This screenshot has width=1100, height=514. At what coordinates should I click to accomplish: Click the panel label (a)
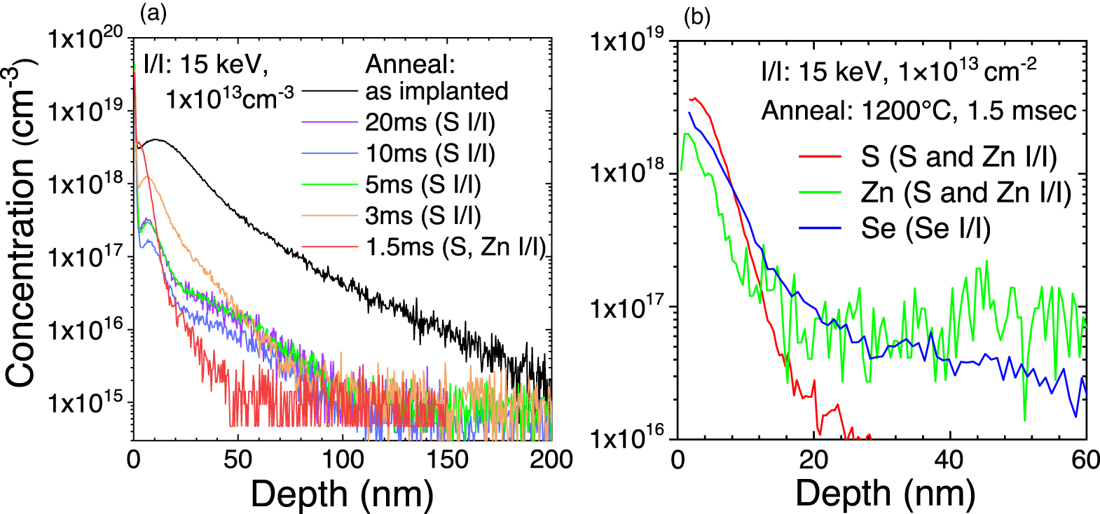[153, 13]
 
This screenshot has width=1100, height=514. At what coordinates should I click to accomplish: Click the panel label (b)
[697, 17]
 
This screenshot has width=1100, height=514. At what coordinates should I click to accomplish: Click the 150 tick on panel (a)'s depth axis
[447, 459]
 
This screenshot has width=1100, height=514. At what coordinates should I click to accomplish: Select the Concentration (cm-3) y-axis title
[21, 223]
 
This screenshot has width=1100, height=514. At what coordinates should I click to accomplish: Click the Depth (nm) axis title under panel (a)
[342, 494]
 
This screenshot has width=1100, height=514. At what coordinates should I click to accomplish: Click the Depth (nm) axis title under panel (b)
[885, 494]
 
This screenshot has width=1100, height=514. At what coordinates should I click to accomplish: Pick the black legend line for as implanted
[330, 91]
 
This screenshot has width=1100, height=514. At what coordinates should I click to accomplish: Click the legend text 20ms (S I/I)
[430, 123]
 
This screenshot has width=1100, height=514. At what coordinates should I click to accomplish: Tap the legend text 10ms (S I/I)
[430, 153]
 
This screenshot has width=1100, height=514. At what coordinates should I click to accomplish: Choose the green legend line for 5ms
[330, 185]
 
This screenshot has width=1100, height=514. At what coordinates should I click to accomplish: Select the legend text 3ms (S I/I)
[423, 216]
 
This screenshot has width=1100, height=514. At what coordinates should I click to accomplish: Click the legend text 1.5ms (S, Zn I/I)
[455, 246]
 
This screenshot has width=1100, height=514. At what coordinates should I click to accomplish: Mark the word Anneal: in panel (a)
[411, 64]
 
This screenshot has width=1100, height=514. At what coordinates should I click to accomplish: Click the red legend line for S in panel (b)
[820, 157]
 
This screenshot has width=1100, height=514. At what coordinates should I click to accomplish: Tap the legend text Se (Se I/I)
[926, 228]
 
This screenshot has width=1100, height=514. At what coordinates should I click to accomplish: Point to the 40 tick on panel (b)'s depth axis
[949, 459]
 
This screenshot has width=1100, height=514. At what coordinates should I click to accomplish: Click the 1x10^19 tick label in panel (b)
[627, 41]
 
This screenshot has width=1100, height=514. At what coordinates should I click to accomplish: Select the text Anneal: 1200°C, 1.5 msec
[919, 111]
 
